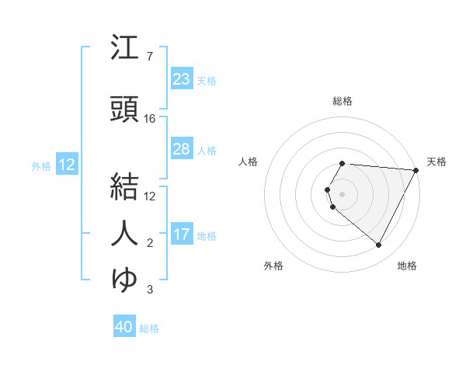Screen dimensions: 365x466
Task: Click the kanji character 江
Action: coord(125,49)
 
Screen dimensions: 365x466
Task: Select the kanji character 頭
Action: coord(125,110)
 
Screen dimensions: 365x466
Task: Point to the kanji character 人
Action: coord(125,232)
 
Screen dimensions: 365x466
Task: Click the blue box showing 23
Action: coord(181,79)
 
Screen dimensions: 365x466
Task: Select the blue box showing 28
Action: coord(181,149)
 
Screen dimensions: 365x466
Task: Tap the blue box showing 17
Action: coord(181,235)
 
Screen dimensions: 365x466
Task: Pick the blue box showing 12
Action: coord(66,165)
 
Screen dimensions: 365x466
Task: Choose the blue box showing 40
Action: coord(124,328)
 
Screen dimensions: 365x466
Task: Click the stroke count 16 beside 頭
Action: coord(150,119)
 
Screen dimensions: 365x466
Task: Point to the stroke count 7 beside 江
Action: coord(149,57)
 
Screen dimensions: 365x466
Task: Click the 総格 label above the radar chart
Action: coord(343,101)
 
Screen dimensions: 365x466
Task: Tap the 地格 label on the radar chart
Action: coord(407,266)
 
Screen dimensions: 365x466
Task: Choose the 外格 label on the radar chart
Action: coord(273,266)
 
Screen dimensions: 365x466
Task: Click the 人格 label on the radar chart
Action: coord(248,162)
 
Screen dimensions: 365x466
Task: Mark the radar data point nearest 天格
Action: coord(416,170)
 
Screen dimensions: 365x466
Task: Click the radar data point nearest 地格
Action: coord(379,245)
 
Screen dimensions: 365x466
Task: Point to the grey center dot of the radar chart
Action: coord(343,193)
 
